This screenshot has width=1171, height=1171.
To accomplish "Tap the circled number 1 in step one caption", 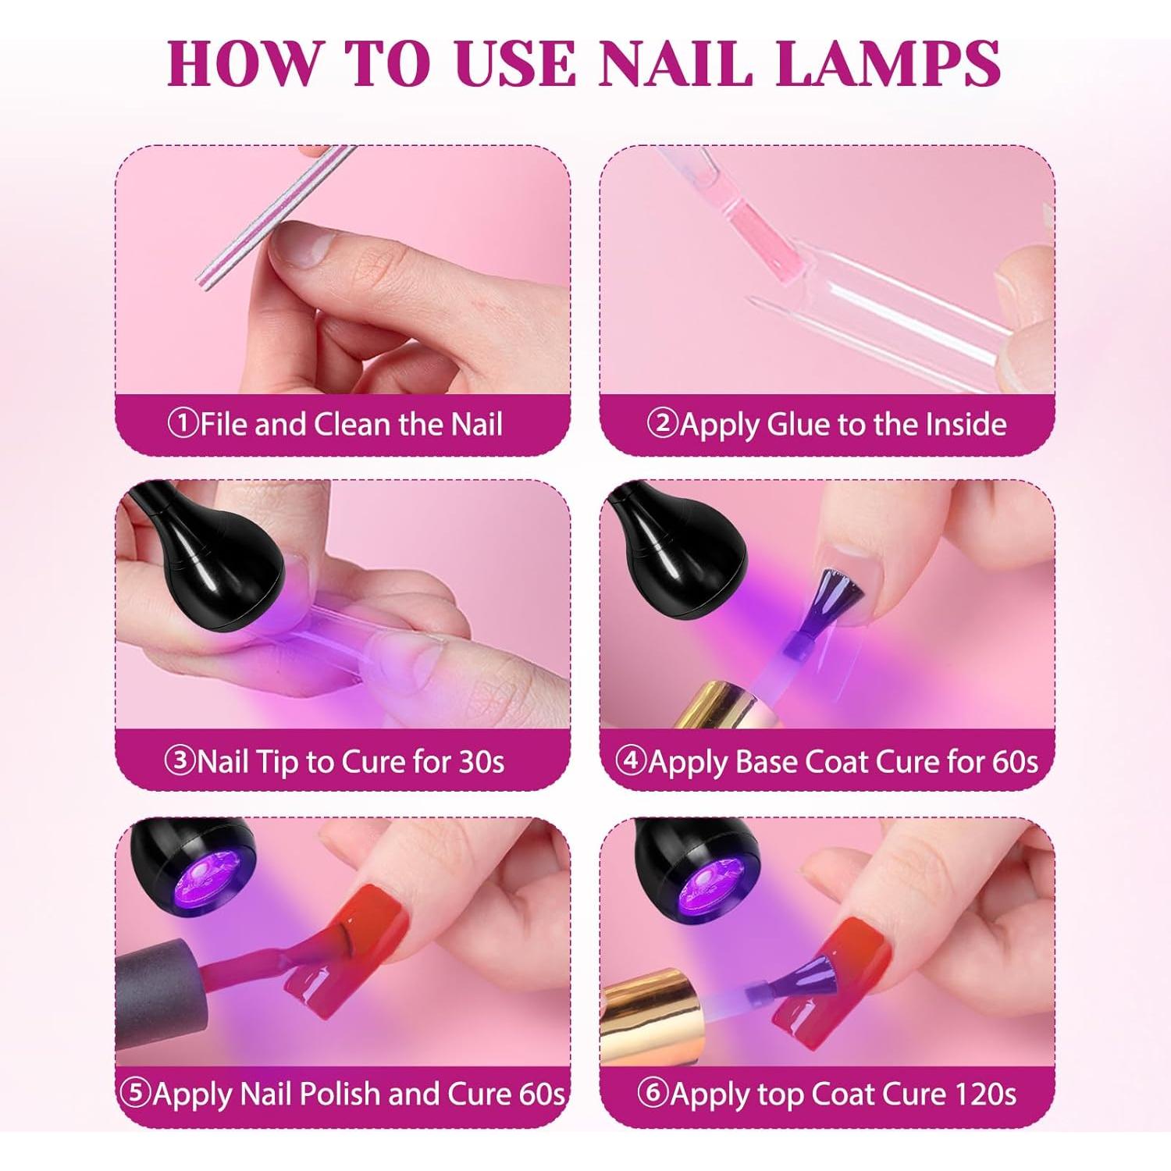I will coord(183,424).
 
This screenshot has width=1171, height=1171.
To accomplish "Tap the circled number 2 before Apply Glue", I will coord(663,424).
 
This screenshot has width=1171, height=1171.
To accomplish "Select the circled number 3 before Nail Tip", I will coord(180,760).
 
